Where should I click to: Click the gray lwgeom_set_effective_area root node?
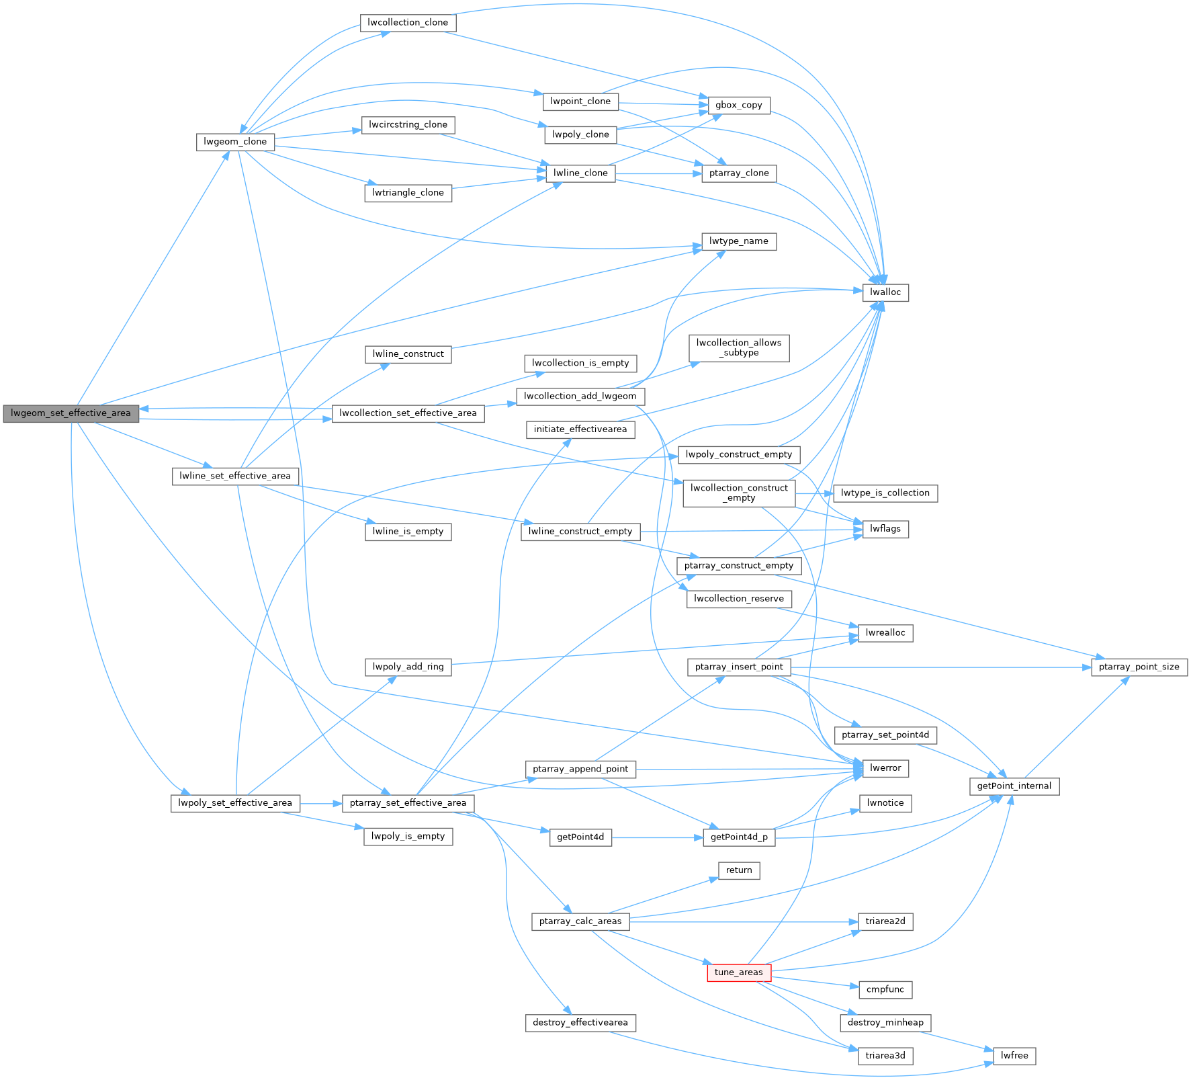(x=71, y=413)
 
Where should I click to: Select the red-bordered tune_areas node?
(x=738, y=972)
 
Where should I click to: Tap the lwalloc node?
(x=885, y=292)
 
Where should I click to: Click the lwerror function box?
(x=885, y=768)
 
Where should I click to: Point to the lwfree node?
(x=1014, y=1056)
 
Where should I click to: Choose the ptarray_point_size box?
(x=1139, y=667)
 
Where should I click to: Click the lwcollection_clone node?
(x=408, y=23)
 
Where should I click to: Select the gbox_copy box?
(x=738, y=106)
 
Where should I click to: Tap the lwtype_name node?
(x=738, y=241)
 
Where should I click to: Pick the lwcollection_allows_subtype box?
(x=738, y=348)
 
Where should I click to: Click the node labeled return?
(x=738, y=870)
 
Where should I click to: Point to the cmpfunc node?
(x=885, y=989)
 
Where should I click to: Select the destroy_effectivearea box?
(x=580, y=1023)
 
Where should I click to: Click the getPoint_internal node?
(x=1014, y=786)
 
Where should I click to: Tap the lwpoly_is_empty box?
(x=408, y=837)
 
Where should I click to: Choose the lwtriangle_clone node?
(x=408, y=193)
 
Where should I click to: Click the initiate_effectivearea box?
(x=580, y=429)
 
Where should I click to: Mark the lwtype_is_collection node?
(x=885, y=493)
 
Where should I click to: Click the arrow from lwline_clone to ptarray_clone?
(x=658, y=173)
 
